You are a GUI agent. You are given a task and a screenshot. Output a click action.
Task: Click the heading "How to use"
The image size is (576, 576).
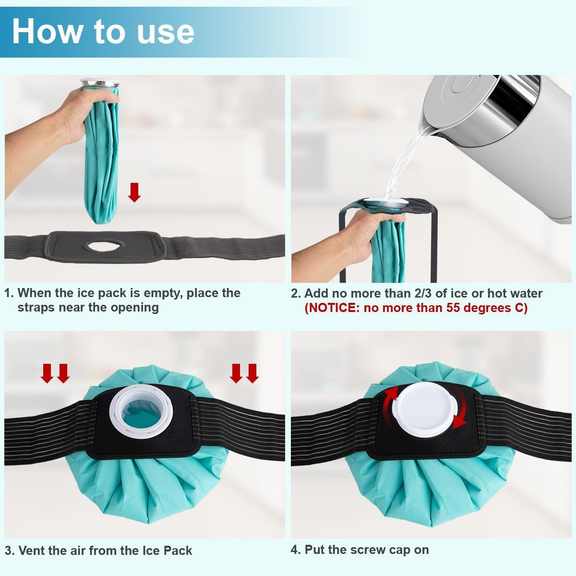(x=103, y=31)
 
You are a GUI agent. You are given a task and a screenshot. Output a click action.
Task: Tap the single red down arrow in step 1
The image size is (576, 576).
(x=135, y=192)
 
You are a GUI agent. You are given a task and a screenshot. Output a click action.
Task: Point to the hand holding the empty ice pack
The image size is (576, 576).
(x=72, y=115)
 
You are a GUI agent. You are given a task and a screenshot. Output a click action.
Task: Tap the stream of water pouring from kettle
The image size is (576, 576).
(x=403, y=163)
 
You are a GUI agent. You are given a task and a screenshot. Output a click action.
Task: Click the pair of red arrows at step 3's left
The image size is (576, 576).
(x=55, y=373)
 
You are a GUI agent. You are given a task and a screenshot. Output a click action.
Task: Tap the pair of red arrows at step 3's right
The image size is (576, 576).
(x=244, y=373)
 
